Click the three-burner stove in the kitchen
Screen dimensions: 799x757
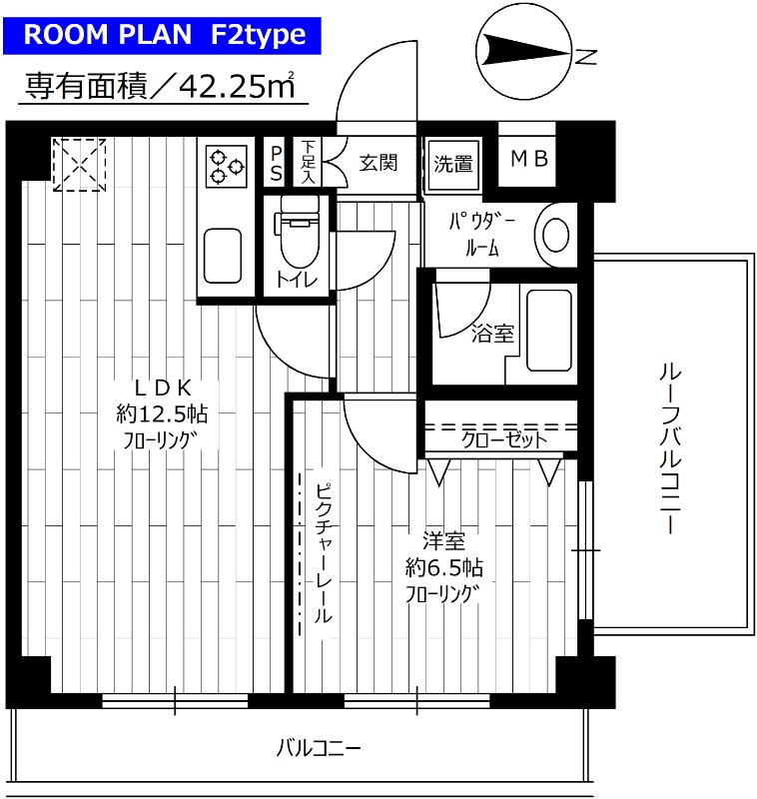(227, 165)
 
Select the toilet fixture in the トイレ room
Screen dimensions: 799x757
(299, 230)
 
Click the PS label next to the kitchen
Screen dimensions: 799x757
(276, 163)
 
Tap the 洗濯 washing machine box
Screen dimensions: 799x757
(453, 164)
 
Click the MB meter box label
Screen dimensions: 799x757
(528, 160)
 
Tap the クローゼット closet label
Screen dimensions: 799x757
(503, 438)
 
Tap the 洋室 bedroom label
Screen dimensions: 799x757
(443, 542)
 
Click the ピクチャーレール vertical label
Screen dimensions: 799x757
(323, 554)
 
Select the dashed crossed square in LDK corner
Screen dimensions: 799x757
(79, 164)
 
